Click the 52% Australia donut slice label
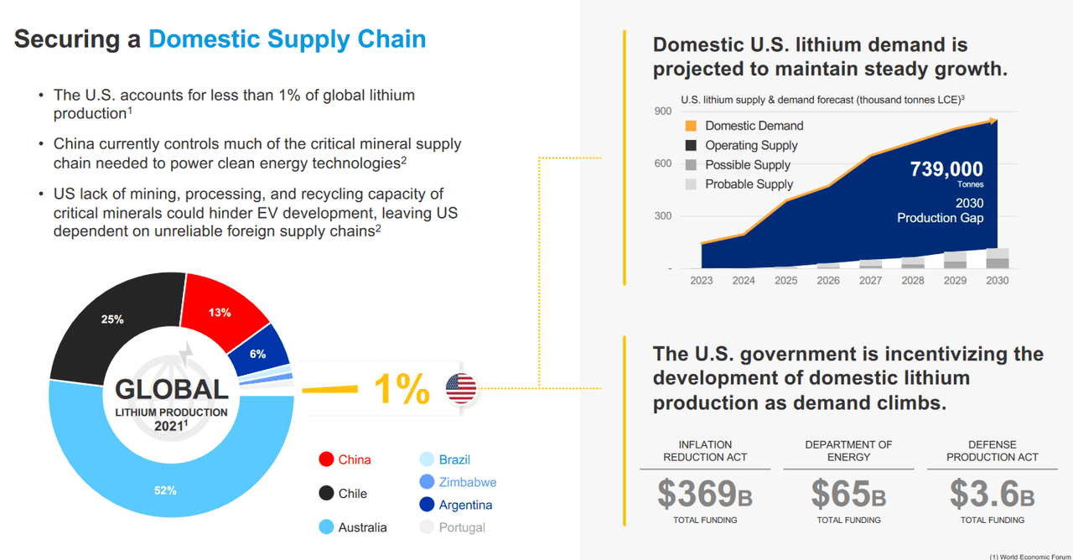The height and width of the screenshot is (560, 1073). (165, 490)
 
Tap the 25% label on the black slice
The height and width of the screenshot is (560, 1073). (113, 319)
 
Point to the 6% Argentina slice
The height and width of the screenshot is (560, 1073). (258, 354)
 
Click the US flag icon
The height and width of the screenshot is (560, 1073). (461, 388)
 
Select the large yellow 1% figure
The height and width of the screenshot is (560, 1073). (401, 389)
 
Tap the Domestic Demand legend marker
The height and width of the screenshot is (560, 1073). (691, 126)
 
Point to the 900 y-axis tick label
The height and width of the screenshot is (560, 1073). (663, 111)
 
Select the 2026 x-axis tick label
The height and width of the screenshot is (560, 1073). (827, 280)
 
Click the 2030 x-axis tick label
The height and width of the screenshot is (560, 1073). (997, 280)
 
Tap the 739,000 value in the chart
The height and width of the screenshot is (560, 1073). (946, 170)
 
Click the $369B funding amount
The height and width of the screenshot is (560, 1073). (704, 494)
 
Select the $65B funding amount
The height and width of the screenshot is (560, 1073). (848, 494)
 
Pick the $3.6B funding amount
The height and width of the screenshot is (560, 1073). (992, 494)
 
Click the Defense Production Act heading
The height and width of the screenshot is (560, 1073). (992, 450)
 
